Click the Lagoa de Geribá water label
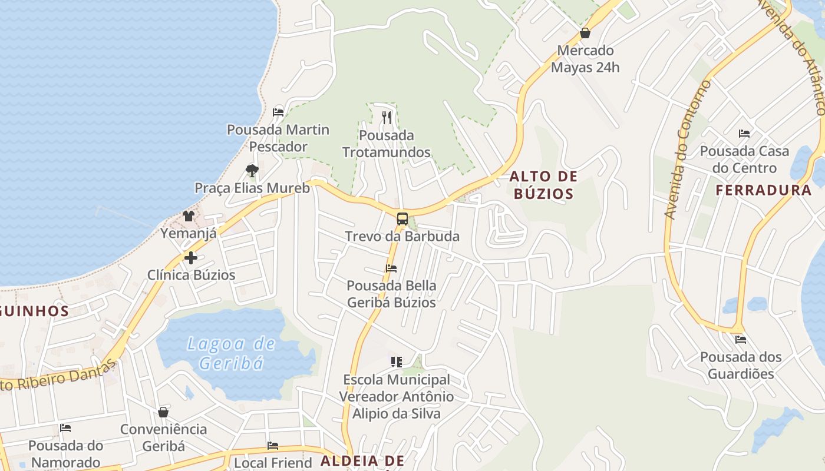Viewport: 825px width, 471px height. (230, 353)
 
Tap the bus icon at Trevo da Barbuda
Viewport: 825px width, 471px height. (402, 219)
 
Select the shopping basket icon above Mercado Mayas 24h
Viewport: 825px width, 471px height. (585, 33)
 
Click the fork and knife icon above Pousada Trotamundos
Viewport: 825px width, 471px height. (387, 118)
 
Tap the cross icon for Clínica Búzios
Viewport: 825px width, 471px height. (190, 258)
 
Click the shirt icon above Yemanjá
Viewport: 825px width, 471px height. (189, 216)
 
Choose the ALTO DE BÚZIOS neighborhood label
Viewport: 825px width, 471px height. (543, 185)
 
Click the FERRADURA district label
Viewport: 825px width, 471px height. (764, 190)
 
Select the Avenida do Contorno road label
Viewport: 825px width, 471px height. (687, 150)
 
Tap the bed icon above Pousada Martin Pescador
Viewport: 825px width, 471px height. (278, 112)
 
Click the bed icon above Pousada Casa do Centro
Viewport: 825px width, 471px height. (744, 134)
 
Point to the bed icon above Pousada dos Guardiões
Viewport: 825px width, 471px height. (741, 340)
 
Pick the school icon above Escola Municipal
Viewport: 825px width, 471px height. (397, 361)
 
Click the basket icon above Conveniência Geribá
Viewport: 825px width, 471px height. (163, 412)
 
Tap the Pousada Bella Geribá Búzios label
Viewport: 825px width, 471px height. (391, 294)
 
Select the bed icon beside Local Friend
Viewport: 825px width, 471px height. (272, 446)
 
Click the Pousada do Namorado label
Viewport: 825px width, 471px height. (65, 453)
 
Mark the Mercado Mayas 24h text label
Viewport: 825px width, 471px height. (585, 59)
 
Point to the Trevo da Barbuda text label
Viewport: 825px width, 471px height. (402, 237)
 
